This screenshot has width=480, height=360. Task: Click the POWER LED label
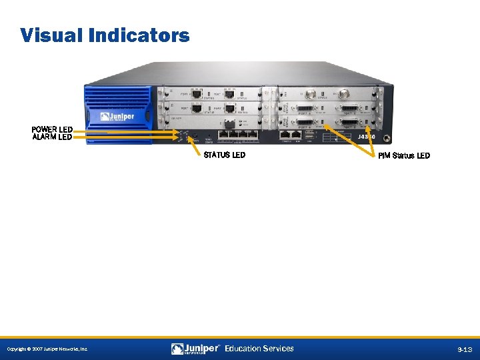(x=52, y=129)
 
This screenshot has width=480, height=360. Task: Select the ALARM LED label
(x=52, y=137)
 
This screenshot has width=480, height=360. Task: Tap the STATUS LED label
(x=224, y=155)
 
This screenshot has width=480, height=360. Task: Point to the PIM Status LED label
(x=404, y=156)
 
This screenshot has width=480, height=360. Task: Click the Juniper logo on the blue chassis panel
(x=117, y=117)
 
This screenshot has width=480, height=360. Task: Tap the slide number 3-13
(x=464, y=349)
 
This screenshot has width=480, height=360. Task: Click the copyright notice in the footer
(x=47, y=349)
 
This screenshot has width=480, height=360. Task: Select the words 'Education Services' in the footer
(x=259, y=348)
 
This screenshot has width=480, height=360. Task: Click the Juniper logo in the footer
(x=195, y=348)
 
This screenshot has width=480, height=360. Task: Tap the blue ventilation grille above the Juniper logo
(x=117, y=97)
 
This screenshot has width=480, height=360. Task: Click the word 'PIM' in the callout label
(x=384, y=156)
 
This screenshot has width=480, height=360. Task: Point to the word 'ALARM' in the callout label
(x=44, y=137)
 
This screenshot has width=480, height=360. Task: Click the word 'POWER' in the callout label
(x=44, y=129)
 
